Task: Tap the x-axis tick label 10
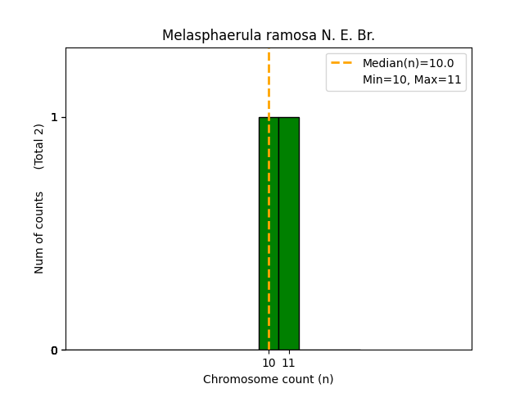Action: tap(269, 363)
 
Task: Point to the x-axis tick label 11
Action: tap(288, 363)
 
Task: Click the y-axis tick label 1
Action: tap(55, 117)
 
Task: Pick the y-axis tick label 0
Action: tap(55, 350)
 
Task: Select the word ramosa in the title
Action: tap(277, 36)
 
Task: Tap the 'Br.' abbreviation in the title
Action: tap(365, 36)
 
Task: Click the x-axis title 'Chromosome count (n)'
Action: tap(269, 379)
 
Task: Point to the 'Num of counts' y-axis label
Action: tap(39, 233)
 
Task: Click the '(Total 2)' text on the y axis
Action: tap(39, 147)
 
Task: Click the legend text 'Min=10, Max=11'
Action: tap(412, 79)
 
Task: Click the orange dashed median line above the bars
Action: tap(269, 82)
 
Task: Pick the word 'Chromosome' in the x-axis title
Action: tap(237, 379)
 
